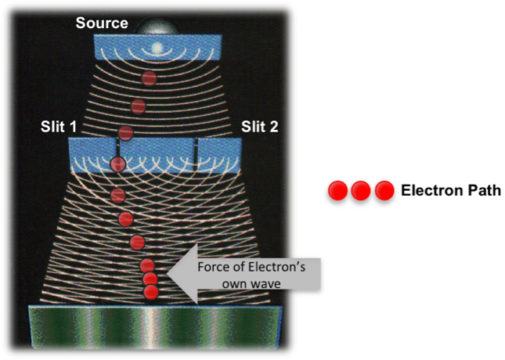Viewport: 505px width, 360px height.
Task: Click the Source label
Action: click(x=102, y=23)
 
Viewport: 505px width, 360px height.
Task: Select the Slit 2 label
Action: click(x=260, y=127)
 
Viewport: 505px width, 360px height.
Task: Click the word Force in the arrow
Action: click(x=213, y=266)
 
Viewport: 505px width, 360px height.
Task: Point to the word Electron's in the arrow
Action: click(x=272, y=266)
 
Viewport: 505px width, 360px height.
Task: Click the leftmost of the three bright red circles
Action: click(x=337, y=190)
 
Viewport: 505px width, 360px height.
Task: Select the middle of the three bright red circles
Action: click(x=361, y=190)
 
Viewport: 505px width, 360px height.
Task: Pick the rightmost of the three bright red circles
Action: click(x=384, y=190)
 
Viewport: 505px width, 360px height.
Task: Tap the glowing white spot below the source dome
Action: click(x=157, y=48)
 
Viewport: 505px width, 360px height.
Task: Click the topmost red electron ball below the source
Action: click(x=149, y=78)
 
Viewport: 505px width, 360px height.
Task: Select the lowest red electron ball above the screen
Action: click(x=152, y=292)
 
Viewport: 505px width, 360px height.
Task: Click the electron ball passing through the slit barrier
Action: click(x=118, y=164)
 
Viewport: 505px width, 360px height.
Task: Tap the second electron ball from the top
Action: click(x=138, y=106)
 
